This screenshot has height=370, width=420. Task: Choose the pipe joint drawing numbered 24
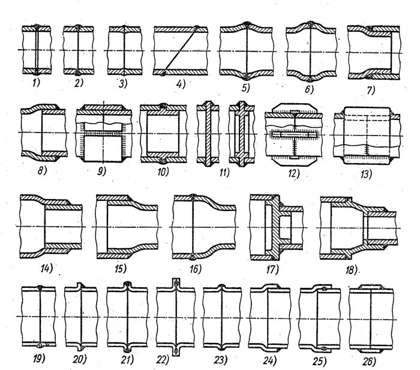click(267, 316)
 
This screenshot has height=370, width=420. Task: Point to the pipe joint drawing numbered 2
click(78, 50)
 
